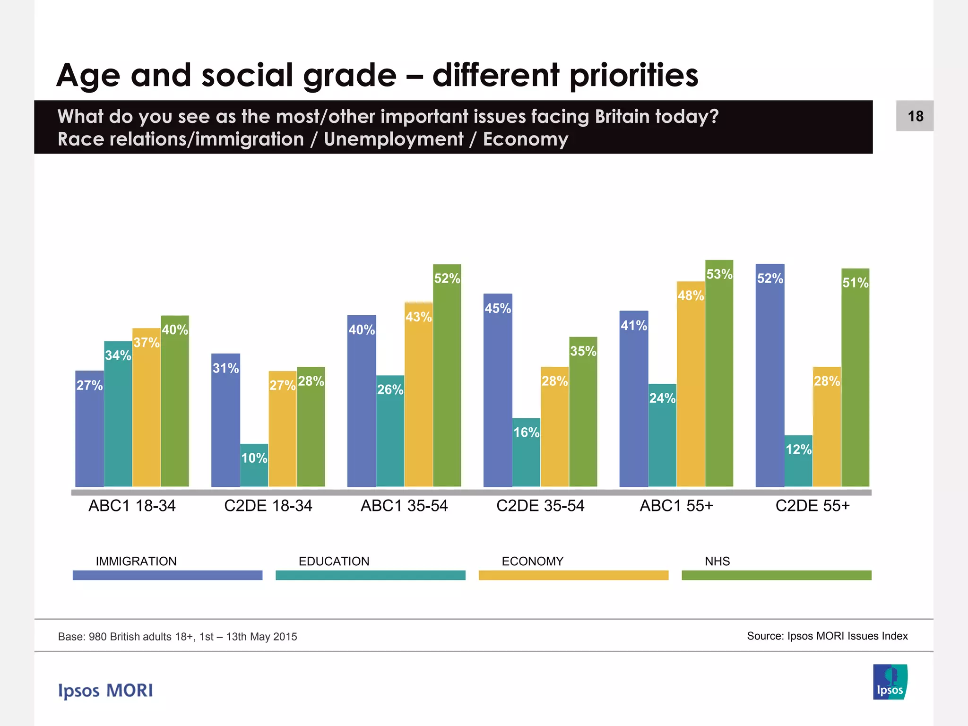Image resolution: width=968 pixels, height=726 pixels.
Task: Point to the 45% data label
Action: (x=498, y=309)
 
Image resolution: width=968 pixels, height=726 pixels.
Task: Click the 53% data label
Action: (x=719, y=274)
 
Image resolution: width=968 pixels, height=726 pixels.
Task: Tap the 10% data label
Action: (x=254, y=458)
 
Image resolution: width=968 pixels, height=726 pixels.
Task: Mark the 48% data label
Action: (x=691, y=296)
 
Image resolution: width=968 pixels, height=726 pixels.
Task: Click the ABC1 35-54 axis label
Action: (x=404, y=506)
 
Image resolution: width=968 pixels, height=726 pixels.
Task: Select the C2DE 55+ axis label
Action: (x=812, y=506)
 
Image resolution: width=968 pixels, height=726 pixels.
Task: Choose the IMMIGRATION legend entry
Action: (x=136, y=562)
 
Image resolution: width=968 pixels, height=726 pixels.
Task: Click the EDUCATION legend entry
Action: (x=334, y=562)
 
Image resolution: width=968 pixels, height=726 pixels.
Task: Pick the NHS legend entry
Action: (x=717, y=562)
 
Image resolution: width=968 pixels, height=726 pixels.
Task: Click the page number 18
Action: (x=915, y=116)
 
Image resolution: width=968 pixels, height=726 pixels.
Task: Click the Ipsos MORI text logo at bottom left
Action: (x=105, y=691)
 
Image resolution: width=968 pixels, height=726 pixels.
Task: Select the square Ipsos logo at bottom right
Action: (x=890, y=682)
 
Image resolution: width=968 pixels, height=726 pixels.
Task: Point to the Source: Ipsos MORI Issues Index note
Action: (x=827, y=636)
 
